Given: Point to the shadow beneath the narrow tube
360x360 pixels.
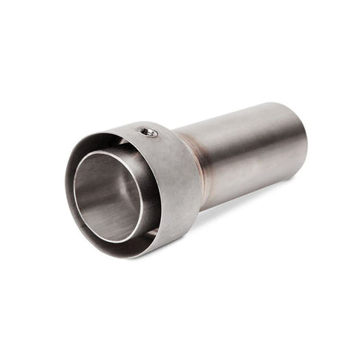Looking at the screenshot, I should coord(245,200).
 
